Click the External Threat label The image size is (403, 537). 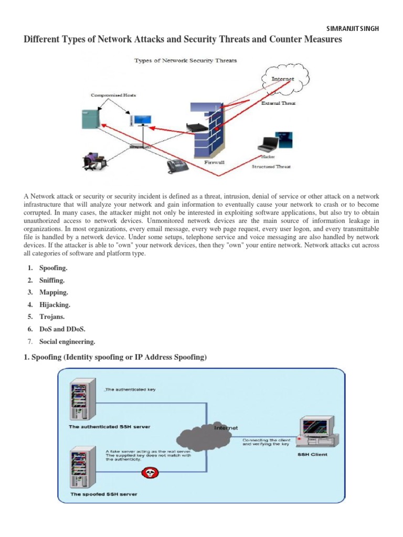point(278,103)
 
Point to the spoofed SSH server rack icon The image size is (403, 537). point(80,469)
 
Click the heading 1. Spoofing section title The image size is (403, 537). point(115,358)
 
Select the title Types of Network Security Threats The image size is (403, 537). point(186,60)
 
